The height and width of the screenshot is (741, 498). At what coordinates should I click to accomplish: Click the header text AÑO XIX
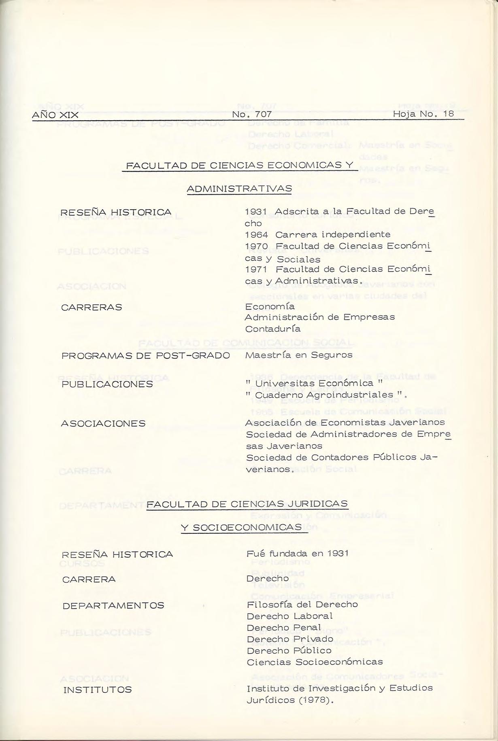(55, 115)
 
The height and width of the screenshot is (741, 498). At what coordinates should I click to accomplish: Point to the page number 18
(448, 114)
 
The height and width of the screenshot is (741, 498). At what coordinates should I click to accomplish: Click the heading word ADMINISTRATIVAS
(239, 189)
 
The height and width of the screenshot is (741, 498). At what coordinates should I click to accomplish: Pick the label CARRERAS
(92, 308)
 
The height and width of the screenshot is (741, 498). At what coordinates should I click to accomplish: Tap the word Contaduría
(272, 329)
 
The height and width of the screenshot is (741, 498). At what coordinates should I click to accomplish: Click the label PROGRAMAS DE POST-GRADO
(146, 356)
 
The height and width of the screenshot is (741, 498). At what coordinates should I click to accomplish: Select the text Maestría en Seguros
(299, 355)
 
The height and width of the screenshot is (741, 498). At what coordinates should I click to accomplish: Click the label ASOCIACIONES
(103, 424)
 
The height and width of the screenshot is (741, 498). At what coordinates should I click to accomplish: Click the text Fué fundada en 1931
(297, 553)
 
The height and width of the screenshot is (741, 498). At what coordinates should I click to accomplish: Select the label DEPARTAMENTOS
(113, 606)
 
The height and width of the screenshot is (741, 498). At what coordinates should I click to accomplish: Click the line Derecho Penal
(283, 628)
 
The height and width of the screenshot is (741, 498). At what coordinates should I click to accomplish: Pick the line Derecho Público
(289, 651)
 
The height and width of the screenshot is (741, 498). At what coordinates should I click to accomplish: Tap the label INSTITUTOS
(98, 690)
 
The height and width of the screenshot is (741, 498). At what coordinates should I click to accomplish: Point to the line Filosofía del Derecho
(302, 605)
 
